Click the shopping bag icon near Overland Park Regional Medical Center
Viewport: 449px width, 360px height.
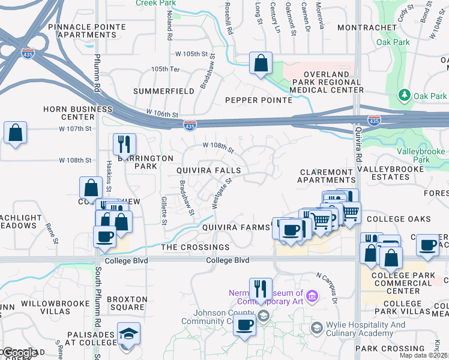tap(261, 63)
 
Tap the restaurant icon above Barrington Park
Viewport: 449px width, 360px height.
tap(124, 144)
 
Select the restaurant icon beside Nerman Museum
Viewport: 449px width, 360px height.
tap(261, 289)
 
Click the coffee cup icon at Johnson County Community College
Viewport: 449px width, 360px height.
tap(244, 326)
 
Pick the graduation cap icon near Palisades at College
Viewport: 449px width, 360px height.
tap(129, 334)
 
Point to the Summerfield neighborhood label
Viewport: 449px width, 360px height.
tap(163, 91)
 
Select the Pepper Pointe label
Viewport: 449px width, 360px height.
tap(249, 100)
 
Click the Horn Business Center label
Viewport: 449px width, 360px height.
tap(77, 113)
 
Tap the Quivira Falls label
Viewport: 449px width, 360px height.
tap(208, 170)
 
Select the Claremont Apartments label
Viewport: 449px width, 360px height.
tap(327, 176)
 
